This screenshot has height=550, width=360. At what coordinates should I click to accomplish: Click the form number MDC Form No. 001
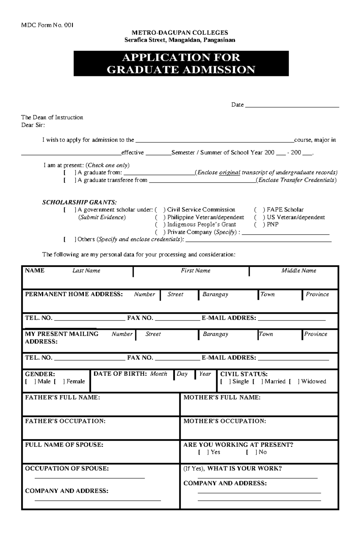point(47,25)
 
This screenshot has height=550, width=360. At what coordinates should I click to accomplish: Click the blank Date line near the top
point(292,106)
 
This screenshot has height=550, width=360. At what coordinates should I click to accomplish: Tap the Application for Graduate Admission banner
point(181,64)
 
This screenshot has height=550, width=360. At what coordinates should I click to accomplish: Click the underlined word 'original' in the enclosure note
point(229,173)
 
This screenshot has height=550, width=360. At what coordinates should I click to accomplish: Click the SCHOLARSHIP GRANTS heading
point(79,202)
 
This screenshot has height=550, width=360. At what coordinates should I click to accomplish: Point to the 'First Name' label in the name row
point(195,271)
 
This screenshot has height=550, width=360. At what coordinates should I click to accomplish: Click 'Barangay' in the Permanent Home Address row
point(215,294)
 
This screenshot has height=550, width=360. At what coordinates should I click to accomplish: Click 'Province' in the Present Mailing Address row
point(316,334)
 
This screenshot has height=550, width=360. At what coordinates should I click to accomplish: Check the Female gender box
point(59,382)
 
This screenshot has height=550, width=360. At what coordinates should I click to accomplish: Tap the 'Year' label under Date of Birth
point(205,374)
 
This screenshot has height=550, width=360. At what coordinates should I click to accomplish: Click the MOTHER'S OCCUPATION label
point(224,421)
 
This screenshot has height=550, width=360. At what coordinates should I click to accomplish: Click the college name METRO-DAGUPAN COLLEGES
point(180,33)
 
